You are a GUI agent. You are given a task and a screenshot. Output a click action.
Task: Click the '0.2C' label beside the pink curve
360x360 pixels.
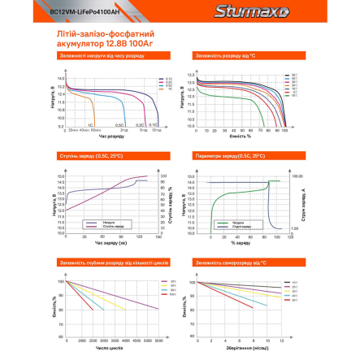(x=141, y=124)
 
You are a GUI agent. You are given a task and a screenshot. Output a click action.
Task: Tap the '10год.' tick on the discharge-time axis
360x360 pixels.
(x=155, y=130)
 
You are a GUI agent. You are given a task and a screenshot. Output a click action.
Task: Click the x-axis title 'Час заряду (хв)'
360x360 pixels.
(x=111, y=242)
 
